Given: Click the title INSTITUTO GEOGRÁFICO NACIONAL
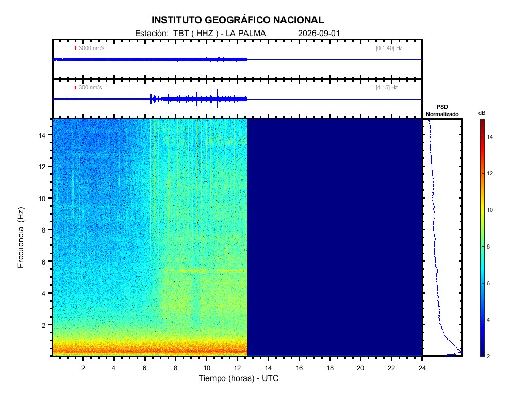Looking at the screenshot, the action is click(237, 20).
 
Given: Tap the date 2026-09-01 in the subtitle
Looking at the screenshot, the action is click(319, 34).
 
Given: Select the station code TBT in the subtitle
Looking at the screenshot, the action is click(180, 34).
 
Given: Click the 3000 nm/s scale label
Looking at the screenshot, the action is click(92, 48).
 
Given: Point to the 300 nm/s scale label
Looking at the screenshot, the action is click(90, 88).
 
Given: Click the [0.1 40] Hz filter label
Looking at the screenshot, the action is click(389, 48).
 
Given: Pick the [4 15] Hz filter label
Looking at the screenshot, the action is click(387, 88).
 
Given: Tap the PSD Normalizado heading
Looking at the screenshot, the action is click(442, 110).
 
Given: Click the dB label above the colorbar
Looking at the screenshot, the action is click(482, 113).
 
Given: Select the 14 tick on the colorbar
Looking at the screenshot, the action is click(490, 137).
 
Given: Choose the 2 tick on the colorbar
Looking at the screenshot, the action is click(488, 356).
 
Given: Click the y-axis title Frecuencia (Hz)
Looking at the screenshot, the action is click(21, 237).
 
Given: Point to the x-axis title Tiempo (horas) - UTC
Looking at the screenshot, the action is click(238, 378).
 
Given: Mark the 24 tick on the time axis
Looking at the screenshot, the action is click(422, 368).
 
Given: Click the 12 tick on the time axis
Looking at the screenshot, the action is click(237, 368).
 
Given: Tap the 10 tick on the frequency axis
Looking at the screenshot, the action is click(42, 199).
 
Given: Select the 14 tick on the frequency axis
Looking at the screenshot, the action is click(42, 135).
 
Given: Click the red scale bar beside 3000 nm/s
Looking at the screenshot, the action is click(75, 48).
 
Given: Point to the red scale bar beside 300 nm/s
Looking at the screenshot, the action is click(75, 87).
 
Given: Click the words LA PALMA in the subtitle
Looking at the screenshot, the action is click(246, 34).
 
